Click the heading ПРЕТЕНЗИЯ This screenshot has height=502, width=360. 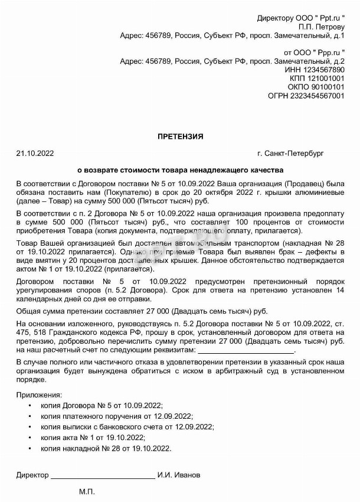click(180, 136)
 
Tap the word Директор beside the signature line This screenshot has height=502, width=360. click(32, 474)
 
